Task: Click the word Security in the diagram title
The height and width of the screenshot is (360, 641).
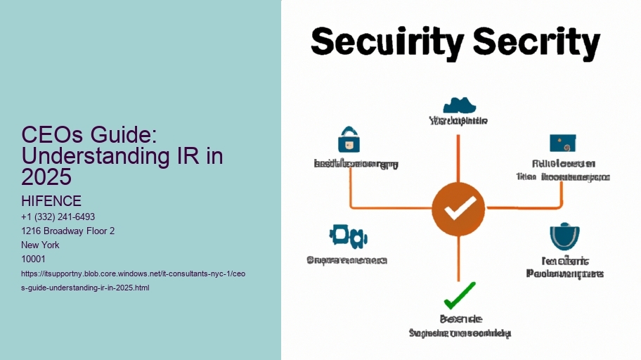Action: click(x=381, y=44)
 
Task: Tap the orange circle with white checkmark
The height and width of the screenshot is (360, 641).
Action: click(x=458, y=208)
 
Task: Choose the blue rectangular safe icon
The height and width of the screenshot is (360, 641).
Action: click(x=563, y=143)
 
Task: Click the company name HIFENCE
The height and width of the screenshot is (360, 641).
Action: click(x=51, y=202)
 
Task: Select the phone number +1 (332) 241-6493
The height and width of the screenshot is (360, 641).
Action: click(x=58, y=217)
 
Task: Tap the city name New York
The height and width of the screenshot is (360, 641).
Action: click(x=41, y=245)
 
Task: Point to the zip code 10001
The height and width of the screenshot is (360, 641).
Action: click(x=34, y=259)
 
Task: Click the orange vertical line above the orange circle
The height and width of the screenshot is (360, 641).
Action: click(x=458, y=158)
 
